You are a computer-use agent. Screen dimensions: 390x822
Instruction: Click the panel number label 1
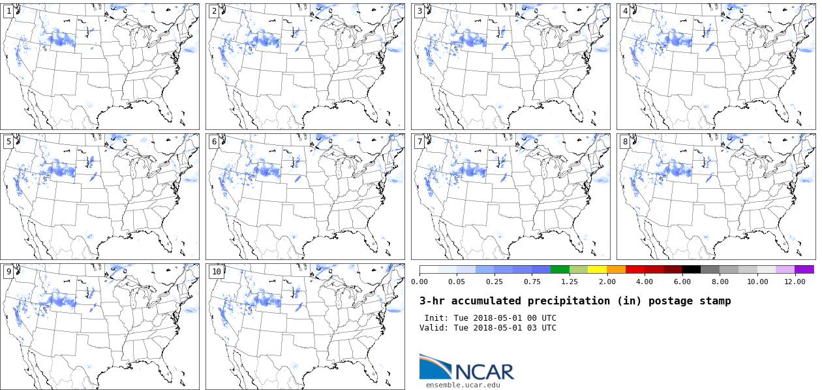[8, 11]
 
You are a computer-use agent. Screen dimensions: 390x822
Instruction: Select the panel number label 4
[625, 11]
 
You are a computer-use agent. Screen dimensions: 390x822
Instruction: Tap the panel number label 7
[419, 142]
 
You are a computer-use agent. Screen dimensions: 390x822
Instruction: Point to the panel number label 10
[216, 272]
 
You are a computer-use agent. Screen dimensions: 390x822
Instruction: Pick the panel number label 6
[214, 142]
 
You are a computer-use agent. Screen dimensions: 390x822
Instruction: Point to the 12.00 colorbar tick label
[795, 282]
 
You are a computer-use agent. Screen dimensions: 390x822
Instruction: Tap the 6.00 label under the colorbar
[682, 282]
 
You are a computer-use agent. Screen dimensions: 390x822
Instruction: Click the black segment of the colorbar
[692, 269]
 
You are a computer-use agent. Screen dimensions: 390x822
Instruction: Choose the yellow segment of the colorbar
[598, 269]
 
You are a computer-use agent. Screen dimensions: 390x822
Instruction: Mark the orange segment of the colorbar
[616, 269]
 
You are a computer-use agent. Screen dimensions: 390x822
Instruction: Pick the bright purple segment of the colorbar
[804, 269]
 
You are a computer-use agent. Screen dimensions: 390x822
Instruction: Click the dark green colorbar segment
[560, 269]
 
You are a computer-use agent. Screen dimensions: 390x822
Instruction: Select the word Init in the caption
[436, 318]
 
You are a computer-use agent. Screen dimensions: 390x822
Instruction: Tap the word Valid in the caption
[433, 328]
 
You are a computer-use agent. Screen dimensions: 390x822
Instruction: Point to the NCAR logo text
[485, 372]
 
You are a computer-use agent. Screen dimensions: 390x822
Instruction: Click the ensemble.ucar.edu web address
[463, 385]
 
